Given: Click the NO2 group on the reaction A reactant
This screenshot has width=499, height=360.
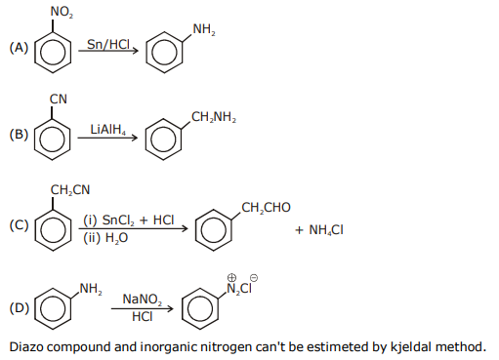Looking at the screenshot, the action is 62,12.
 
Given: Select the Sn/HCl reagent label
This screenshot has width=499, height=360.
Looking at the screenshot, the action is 108,44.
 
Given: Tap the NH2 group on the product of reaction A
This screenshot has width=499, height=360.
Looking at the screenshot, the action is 204,29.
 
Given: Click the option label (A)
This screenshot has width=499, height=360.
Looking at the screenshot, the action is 19,48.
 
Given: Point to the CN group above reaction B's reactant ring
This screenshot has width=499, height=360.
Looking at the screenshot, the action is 59,99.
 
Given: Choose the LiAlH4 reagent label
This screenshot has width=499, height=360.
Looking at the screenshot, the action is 107,130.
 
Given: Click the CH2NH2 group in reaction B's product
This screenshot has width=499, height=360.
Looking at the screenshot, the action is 214,117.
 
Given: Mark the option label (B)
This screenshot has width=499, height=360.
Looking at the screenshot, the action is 19,135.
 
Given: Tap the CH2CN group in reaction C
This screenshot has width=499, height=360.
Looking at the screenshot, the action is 70,189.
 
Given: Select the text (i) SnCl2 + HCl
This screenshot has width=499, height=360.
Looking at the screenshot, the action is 129,220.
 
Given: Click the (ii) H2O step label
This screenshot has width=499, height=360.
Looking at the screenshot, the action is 105,238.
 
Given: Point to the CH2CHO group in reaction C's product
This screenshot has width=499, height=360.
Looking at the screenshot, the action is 266,208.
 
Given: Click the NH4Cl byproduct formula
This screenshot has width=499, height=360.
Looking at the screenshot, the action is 319,230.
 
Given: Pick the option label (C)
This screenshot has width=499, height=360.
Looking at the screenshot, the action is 19,225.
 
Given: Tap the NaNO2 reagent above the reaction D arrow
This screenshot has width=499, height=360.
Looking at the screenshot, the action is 143,300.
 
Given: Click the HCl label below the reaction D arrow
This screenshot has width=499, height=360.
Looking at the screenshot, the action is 143,316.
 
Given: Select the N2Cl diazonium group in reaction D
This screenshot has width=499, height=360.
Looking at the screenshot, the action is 239,289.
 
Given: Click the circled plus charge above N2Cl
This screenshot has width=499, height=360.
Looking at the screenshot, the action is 231,278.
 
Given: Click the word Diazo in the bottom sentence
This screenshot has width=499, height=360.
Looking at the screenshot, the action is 25,346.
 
